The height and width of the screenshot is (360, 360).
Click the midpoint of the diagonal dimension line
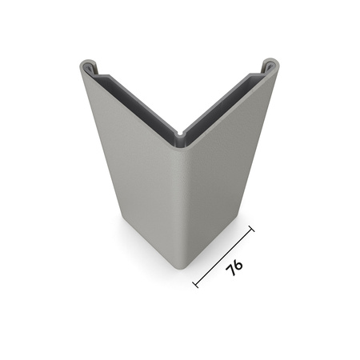coord(224,256)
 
